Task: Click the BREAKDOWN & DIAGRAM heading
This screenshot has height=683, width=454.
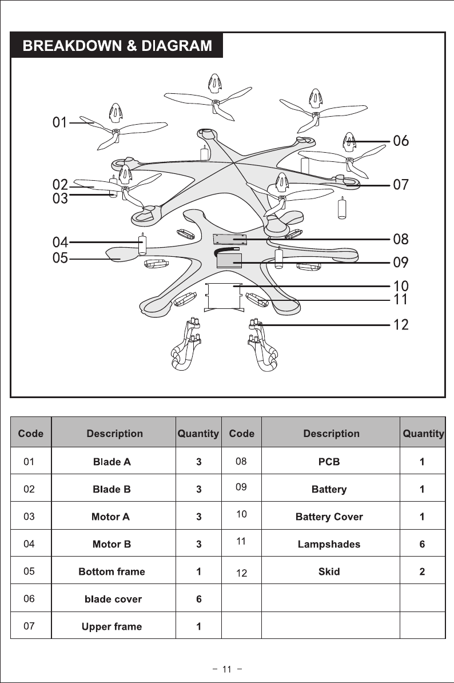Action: [117, 46]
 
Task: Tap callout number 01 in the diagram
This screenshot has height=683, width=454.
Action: [61, 122]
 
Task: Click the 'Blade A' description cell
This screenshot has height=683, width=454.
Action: [112, 462]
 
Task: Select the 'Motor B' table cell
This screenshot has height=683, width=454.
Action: [112, 544]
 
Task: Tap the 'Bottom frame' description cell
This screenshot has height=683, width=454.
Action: [112, 571]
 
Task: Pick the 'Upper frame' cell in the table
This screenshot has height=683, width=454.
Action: [112, 626]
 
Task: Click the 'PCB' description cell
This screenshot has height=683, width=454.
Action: [329, 462]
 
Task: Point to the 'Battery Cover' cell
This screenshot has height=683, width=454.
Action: [329, 517]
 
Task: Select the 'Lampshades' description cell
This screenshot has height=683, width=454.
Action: [329, 544]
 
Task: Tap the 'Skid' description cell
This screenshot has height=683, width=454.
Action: [329, 571]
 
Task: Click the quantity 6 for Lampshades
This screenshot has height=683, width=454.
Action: [422, 544]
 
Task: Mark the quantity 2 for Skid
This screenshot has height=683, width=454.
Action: [422, 571]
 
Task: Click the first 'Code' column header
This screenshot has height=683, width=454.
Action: [31, 434]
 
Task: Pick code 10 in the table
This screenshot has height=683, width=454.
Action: [241, 514]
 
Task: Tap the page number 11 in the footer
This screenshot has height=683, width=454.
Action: [226, 669]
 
